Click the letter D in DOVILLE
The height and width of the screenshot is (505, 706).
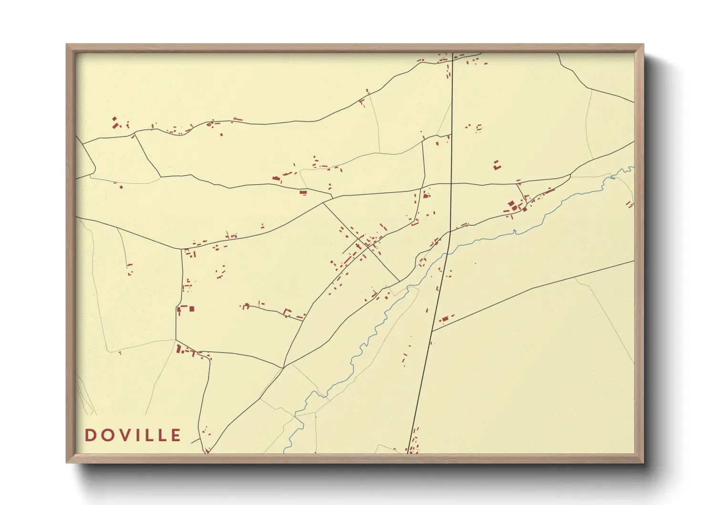[x=90, y=435]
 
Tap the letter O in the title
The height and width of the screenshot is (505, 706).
[x=106, y=435]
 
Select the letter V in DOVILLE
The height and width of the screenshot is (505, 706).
[x=123, y=435]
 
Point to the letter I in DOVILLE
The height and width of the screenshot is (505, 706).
[x=135, y=435]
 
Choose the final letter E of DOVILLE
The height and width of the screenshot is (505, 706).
[x=176, y=435]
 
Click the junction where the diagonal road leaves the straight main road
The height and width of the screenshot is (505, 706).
[x=432, y=331]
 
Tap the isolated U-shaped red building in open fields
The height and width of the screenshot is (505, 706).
[x=497, y=166]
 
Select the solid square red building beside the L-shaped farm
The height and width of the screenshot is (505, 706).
[x=192, y=309]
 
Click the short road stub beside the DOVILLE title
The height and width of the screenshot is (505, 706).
[x=195, y=440]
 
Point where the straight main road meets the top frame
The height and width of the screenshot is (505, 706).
[x=452, y=53]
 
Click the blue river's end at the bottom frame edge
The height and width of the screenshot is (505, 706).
[x=285, y=452]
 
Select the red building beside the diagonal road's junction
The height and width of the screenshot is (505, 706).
[x=445, y=319]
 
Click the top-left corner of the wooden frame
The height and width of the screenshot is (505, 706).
[x=67, y=45]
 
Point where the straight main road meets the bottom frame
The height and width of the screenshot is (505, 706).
[x=409, y=452]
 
